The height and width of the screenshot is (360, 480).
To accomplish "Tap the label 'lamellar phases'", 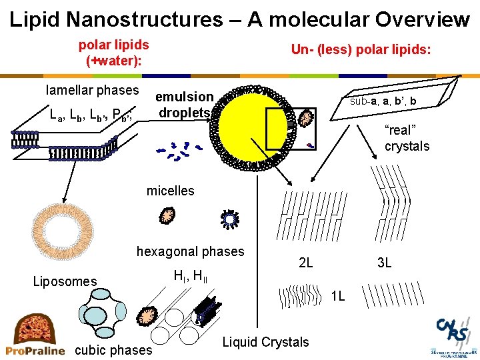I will [92, 90].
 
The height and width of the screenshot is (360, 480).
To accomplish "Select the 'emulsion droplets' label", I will [185, 105].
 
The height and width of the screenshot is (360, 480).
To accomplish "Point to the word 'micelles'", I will [170, 191].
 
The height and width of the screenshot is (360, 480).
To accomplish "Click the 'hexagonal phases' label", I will [191, 251].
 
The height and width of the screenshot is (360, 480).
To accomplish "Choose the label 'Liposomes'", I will [65, 281].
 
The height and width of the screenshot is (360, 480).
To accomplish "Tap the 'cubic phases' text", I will [115, 350].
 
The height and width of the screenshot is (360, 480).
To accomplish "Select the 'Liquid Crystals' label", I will [265, 342].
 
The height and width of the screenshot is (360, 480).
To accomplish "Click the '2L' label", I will [305, 263].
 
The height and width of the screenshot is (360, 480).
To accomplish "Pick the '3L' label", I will [384, 263].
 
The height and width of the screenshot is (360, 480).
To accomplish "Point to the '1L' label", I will [338, 296].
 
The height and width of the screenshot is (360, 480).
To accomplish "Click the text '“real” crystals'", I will [407, 138].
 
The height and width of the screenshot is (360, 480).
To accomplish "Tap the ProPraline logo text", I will [35, 350].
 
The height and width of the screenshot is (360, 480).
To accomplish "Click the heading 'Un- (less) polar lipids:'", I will [361, 50].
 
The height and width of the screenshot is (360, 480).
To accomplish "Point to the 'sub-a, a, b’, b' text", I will [383, 101].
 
